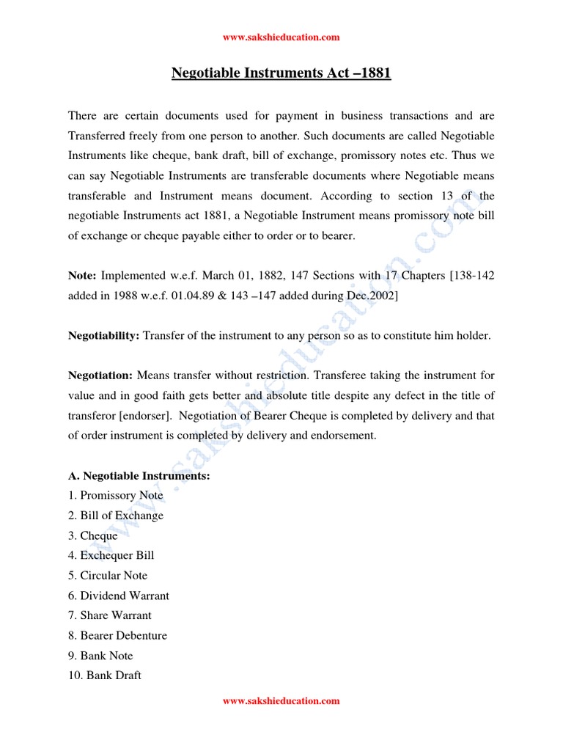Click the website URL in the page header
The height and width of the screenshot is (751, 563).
pos(281,37)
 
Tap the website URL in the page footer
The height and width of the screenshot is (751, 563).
pos(281,701)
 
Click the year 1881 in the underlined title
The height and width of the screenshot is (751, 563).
pos(372,73)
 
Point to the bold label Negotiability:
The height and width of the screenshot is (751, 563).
pos(103,335)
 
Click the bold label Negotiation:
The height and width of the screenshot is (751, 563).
pos(100,375)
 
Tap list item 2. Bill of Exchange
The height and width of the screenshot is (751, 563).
pos(115,516)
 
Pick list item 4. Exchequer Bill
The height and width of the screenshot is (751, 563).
pos(111,555)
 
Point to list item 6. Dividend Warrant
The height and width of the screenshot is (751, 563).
pos(118,596)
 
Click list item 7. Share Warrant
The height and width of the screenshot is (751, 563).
pos(109,615)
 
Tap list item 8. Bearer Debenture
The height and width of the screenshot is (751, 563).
pos(117,635)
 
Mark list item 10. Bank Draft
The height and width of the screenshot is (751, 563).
pos(104,675)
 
